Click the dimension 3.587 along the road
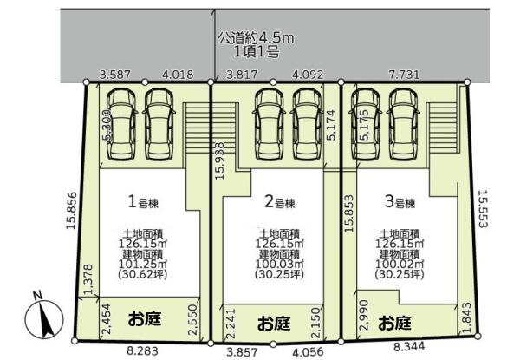[x=114, y=75]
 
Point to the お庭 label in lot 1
[x=145, y=317]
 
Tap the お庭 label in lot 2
[x=276, y=322]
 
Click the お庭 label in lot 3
[x=395, y=322]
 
